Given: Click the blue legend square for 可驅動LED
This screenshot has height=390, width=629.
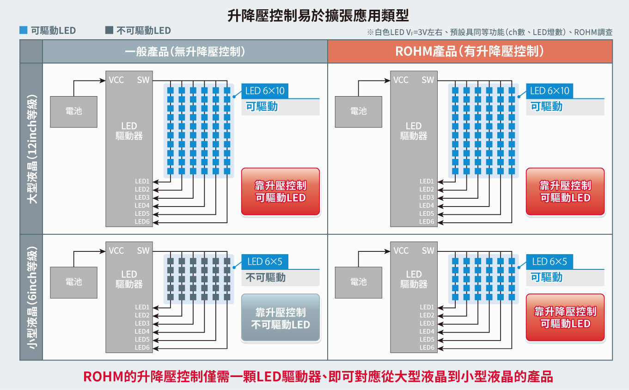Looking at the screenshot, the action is tap(23, 30).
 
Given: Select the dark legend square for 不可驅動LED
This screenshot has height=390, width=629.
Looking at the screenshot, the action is tap(109, 30).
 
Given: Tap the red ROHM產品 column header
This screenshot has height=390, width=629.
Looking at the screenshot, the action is tap(470, 51).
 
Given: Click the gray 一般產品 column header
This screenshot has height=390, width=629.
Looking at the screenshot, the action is tap(185, 51).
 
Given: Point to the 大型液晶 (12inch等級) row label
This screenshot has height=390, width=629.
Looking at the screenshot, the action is tap(31, 149).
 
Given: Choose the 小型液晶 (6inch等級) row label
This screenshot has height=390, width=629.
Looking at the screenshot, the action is tap(31, 298).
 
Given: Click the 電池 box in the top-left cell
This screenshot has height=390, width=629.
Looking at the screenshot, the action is tap(73, 112).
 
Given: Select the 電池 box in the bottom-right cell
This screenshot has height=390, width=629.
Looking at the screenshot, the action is tap(358, 282).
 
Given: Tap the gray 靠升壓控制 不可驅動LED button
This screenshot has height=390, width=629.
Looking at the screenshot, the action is tap(281, 318).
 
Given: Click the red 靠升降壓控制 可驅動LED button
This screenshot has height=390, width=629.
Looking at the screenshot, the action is tap(565, 318).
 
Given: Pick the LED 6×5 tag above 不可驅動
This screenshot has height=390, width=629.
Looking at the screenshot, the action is tap(265, 262).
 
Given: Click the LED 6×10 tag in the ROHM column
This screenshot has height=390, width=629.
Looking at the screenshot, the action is tap(550, 91).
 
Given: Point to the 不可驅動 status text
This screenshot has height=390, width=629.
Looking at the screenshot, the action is tap(266, 278).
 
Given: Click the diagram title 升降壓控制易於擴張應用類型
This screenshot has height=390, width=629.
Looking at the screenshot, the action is tap(318, 15).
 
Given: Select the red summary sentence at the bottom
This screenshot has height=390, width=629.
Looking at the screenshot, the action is tap(318, 377).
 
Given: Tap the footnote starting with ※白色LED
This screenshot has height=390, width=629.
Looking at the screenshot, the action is tap(490, 32).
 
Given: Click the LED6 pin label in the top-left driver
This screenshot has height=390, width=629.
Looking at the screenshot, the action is tap(142, 221).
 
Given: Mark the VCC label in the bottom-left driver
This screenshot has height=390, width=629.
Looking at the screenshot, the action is tap(116, 250).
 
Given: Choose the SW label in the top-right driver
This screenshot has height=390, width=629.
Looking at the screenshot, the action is tap(427, 80).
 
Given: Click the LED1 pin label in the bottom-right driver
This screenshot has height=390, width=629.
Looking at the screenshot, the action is tap(427, 307).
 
